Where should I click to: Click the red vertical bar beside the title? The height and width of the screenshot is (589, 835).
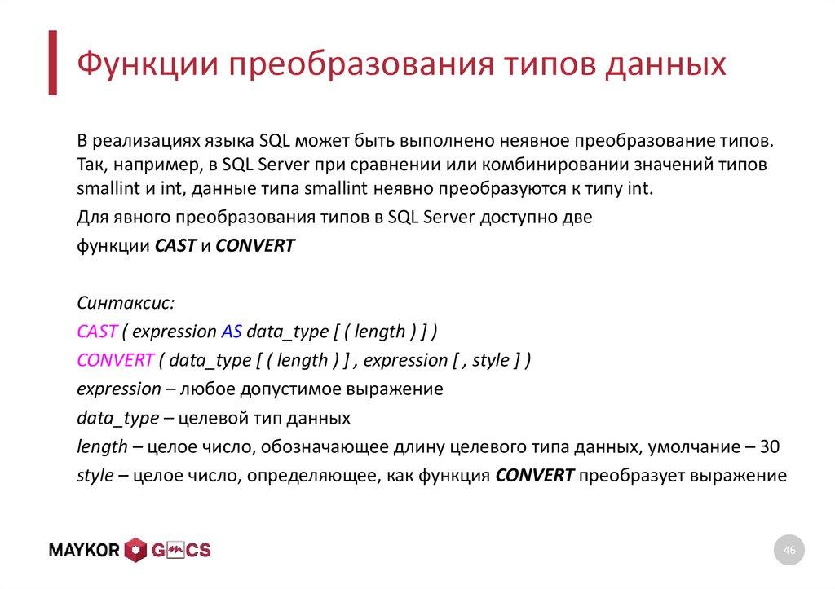53,63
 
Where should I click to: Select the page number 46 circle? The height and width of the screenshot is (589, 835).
789,552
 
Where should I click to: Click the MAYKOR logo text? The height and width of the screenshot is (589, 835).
85,551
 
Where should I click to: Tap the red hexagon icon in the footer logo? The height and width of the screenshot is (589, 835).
135,551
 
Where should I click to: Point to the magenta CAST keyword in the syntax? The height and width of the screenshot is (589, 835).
97,331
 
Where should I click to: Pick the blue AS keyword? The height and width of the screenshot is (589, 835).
231,331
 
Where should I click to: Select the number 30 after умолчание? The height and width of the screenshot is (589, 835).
769,446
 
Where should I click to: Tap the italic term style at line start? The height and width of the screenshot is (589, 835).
95,476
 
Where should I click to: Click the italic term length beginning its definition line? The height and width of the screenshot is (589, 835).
102,446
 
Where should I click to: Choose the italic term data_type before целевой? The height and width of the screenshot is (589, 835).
117,419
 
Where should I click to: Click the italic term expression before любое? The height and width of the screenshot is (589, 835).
119,389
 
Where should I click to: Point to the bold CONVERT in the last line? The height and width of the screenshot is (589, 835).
535,476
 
